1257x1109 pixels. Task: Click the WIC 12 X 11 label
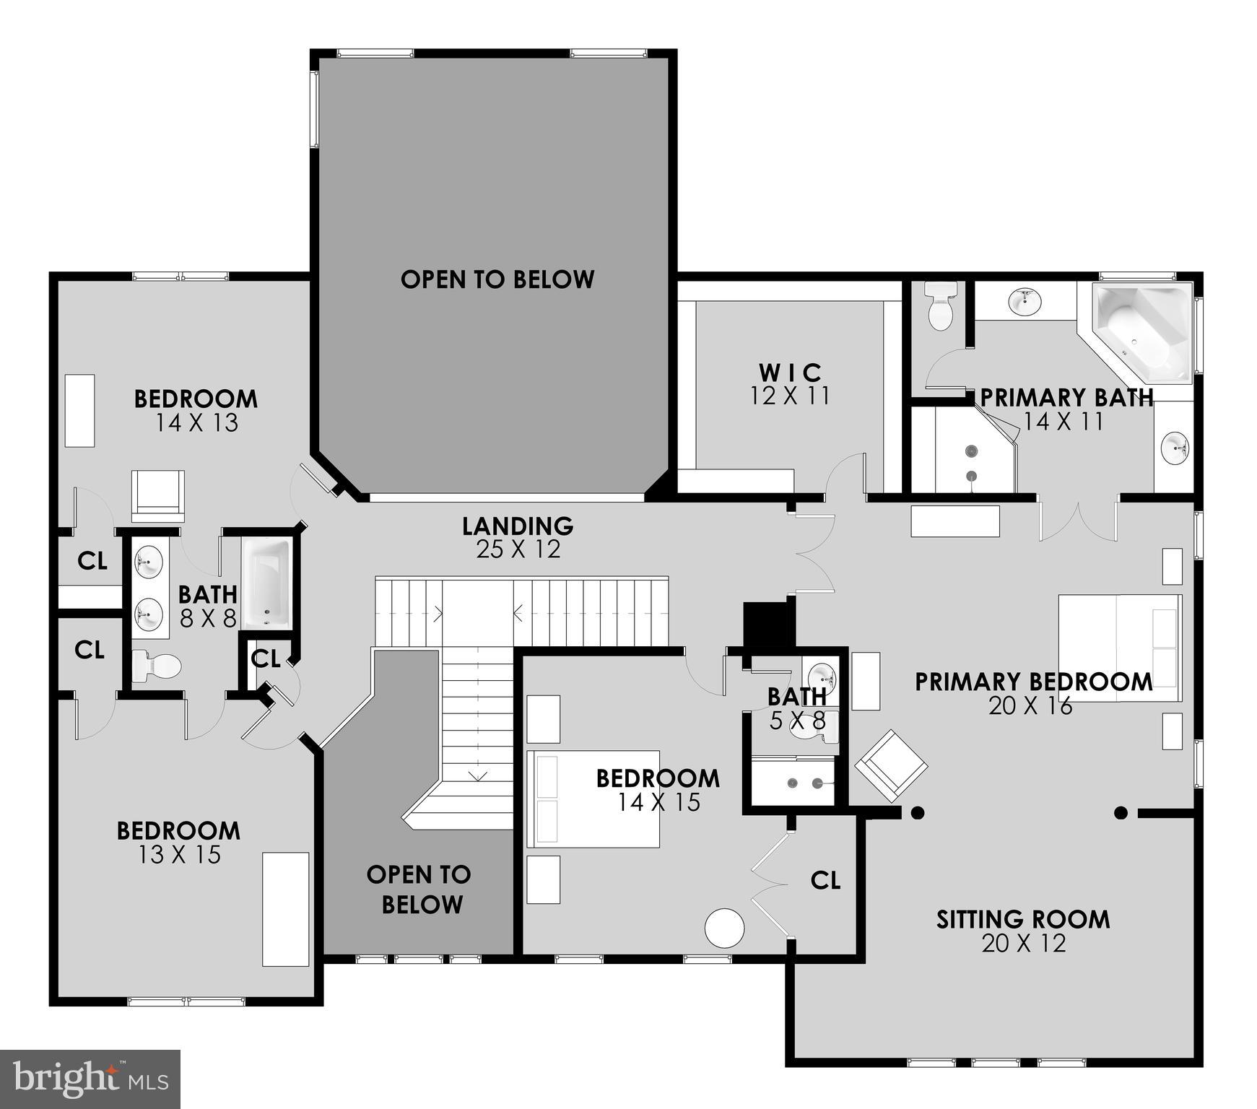790,384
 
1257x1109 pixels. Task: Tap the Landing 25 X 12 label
518,537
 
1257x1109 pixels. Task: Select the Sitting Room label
1023,920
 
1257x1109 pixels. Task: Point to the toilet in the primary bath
941,306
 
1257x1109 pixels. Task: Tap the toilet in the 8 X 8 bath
156,666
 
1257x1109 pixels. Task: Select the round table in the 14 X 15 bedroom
724,928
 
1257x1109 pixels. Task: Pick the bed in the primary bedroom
1119,647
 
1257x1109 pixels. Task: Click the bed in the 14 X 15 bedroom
593,799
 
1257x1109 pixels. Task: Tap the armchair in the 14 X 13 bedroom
158,495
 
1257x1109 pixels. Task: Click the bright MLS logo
90,1079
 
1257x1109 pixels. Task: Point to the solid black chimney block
768,625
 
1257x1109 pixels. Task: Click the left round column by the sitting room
917,813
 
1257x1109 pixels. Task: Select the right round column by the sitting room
1121,813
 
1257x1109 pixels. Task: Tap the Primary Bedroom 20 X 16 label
1033,693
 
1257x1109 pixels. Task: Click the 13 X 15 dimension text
179,855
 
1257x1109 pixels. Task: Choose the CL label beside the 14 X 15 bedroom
825,880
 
